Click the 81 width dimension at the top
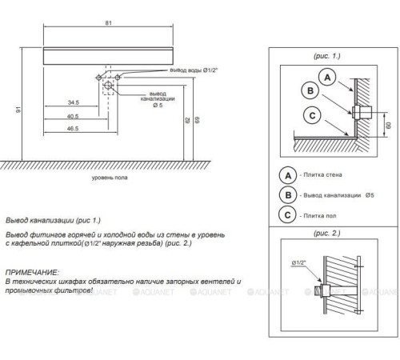click(x=108, y=23)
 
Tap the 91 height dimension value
click(x=18, y=110)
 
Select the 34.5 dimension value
click(x=74, y=102)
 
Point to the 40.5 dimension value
click(x=73, y=116)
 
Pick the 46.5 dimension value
click(x=73, y=129)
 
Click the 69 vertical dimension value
click(x=197, y=120)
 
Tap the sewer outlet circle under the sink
click(x=108, y=86)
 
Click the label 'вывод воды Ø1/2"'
click(x=194, y=70)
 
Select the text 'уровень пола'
click(x=110, y=178)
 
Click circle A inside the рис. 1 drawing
click(x=327, y=78)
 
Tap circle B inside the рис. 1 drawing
click(x=310, y=90)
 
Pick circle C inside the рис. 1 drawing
click(x=312, y=115)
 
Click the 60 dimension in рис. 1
click(x=388, y=125)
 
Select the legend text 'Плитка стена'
click(x=322, y=174)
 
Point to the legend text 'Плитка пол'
click(x=320, y=215)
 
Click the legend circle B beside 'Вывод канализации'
click(x=288, y=195)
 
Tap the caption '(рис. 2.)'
click(x=327, y=234)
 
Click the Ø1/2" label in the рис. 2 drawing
click(x=298, y=262)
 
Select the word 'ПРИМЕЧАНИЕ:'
click(x=32, y=273)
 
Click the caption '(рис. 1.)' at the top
click(x=327, y=56)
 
